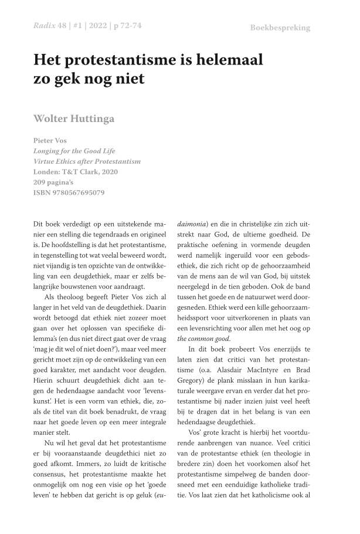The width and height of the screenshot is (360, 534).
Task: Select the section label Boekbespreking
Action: (280, 28)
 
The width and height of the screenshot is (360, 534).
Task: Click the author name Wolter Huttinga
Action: (74, 119)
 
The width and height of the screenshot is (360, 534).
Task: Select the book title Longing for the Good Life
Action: (75, 151)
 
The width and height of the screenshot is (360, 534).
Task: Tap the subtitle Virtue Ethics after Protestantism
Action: (87, 161)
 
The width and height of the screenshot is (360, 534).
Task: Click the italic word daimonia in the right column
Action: (194, 225)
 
